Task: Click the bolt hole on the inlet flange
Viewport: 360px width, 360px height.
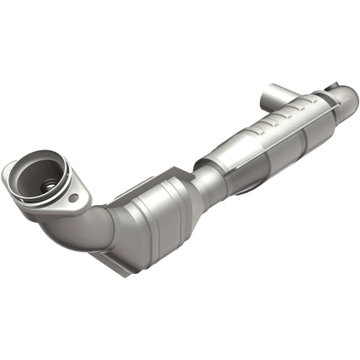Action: click(74, 199)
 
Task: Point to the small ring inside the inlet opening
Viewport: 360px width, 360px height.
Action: click(49, 187)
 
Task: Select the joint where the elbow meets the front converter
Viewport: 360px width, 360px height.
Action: click(113, 223)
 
